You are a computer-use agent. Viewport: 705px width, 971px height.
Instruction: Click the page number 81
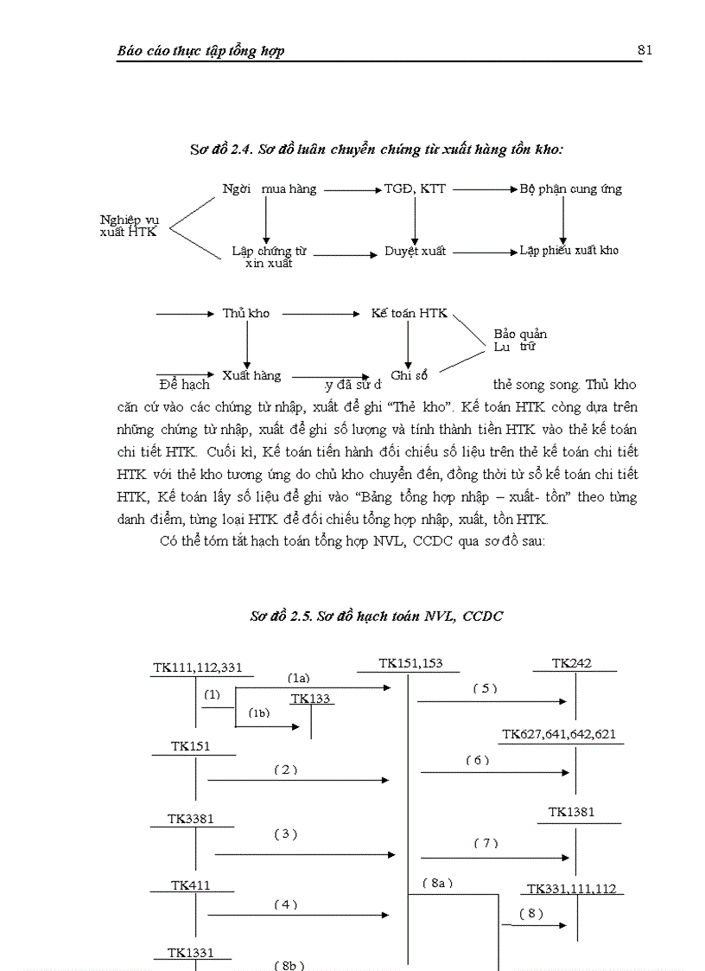coord(645,50)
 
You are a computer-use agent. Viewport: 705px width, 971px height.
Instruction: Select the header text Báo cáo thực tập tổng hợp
coord(200,51)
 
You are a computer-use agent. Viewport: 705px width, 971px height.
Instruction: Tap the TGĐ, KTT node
coord(415,188)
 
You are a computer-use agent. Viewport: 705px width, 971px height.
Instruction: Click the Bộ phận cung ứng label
coord(570,188)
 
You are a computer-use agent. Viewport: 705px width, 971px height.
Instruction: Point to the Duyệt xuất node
coord(415,252)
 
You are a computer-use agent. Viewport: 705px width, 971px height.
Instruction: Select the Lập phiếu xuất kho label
coord(568,251)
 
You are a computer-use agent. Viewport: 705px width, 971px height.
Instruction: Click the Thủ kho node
coord(245,313)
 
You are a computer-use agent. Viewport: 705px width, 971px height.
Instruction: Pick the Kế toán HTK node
coord(409,313)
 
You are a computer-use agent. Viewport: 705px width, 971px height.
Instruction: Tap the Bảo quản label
coord(520,334)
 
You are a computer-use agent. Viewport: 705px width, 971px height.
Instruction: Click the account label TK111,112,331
coord(197,668)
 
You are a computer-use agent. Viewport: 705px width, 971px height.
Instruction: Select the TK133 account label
coord(310,699)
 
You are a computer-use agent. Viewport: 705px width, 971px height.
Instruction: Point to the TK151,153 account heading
coord(410,663)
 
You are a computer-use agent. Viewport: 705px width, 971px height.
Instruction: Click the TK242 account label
coord(572,664)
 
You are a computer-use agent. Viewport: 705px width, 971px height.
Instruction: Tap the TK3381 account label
coord(191,818)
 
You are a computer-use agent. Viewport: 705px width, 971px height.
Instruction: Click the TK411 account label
coord(191,885)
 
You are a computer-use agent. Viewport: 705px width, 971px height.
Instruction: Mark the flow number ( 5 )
coord(486,688)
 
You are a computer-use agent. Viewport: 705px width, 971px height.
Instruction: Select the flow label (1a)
coord(298,679)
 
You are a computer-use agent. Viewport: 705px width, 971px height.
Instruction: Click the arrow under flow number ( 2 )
coord(298,781)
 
